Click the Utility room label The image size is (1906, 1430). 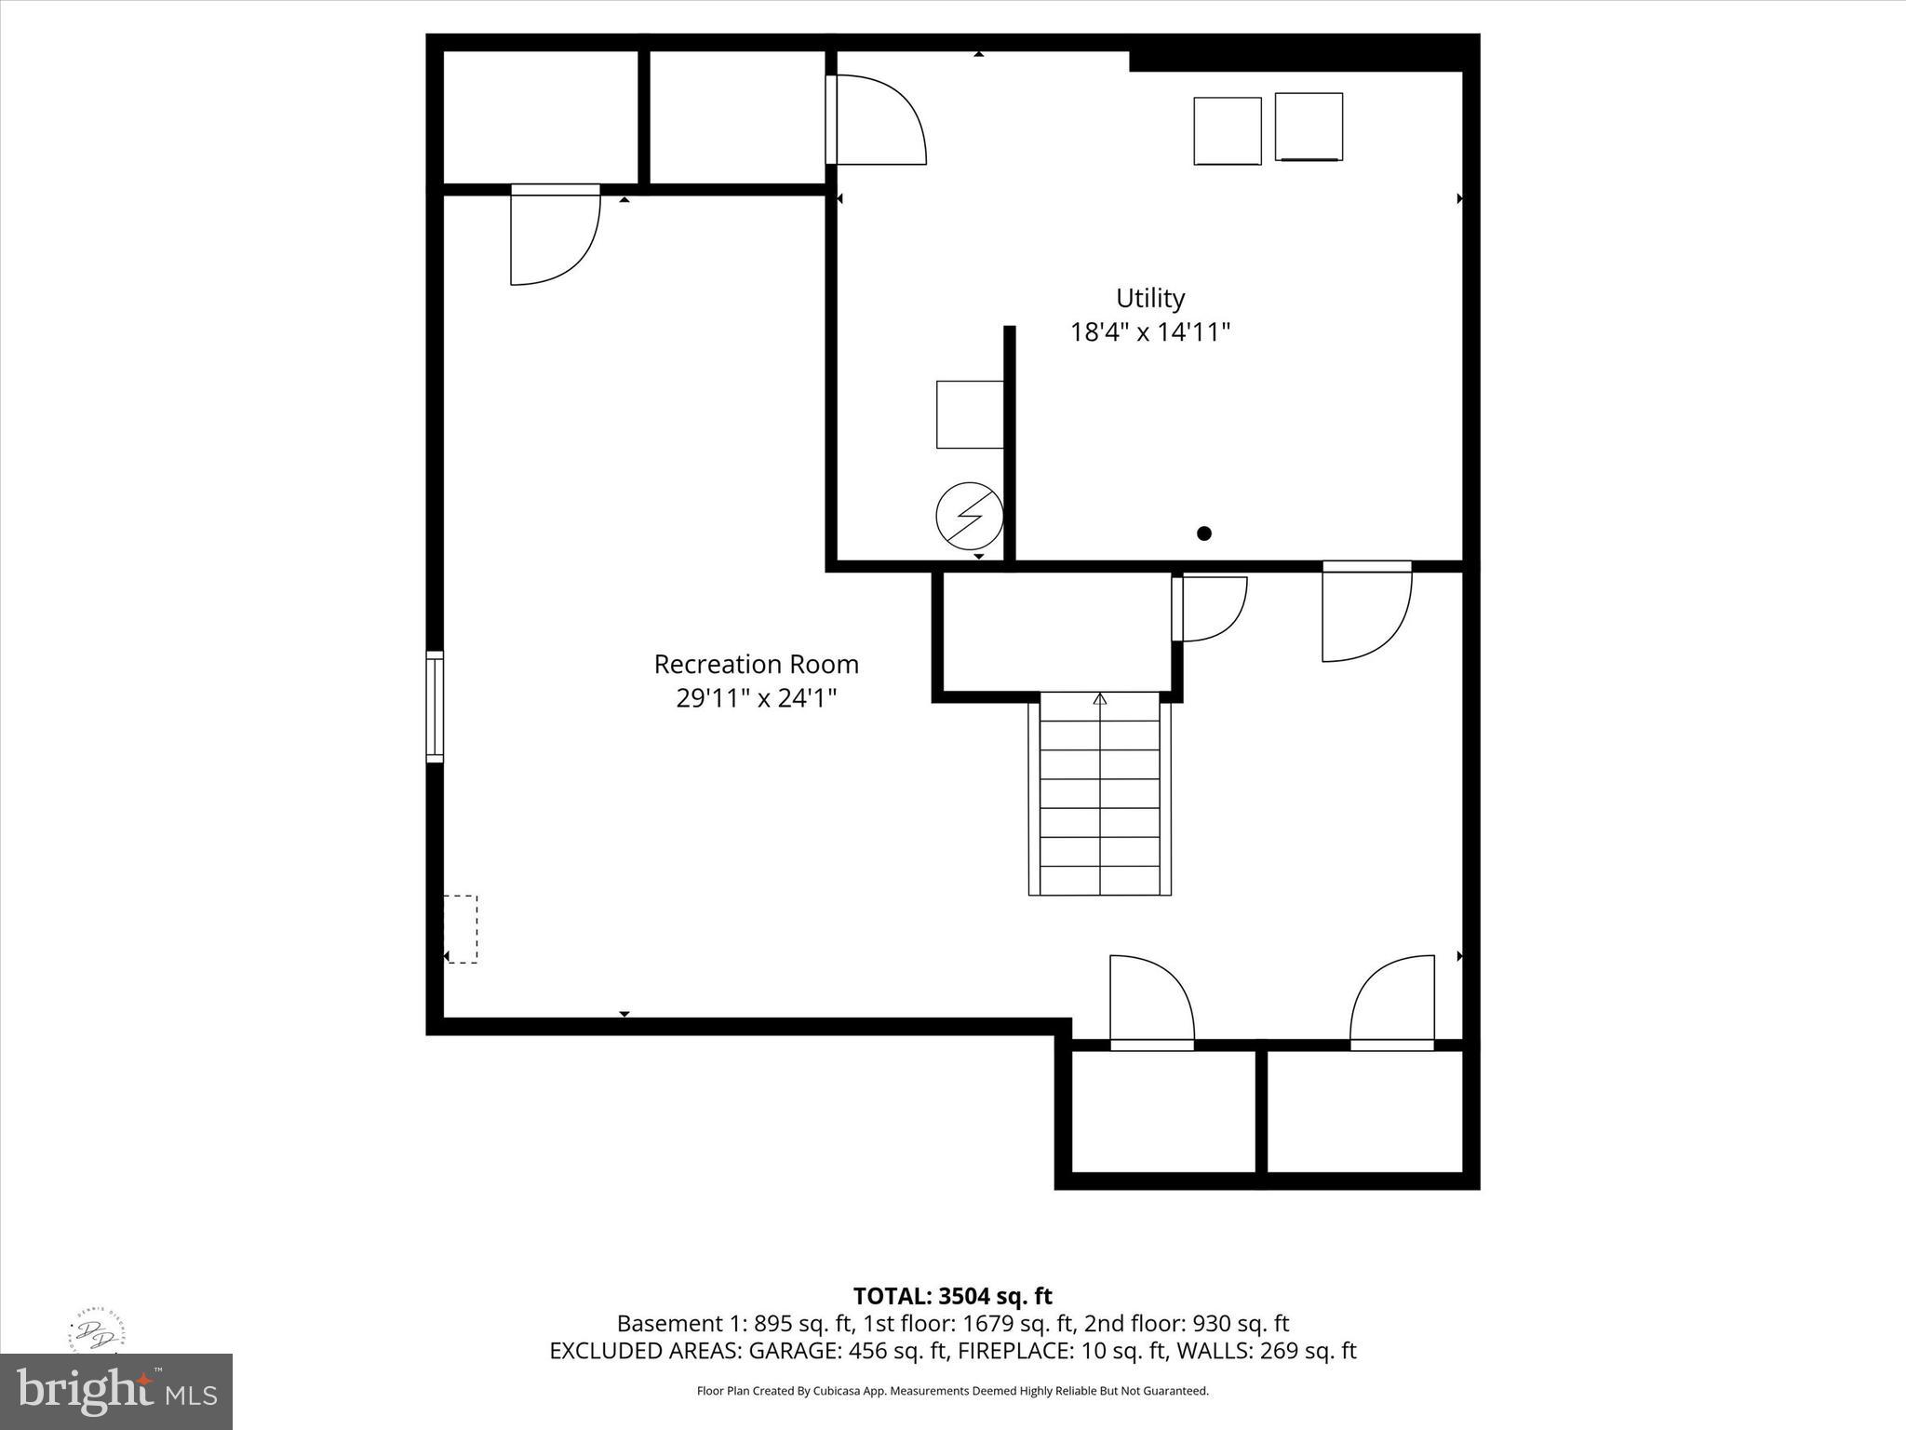[1150, 298]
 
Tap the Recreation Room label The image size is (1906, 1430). [756, 664]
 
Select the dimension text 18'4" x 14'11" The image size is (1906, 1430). [1150, 331]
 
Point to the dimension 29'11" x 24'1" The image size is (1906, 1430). [756, 697]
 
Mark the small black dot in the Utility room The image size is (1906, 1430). [1204, 533]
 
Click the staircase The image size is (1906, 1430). [1099, 793]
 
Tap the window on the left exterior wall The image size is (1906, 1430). [435, 707]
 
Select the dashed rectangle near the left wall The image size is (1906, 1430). [461, 929]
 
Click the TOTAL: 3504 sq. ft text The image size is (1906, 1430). [952, 1296]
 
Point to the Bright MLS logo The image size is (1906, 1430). [116, 1392]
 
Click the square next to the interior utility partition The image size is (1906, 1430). [970, 414]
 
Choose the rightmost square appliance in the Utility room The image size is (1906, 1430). [1309, 127]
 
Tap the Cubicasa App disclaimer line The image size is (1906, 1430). [952, 1391]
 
